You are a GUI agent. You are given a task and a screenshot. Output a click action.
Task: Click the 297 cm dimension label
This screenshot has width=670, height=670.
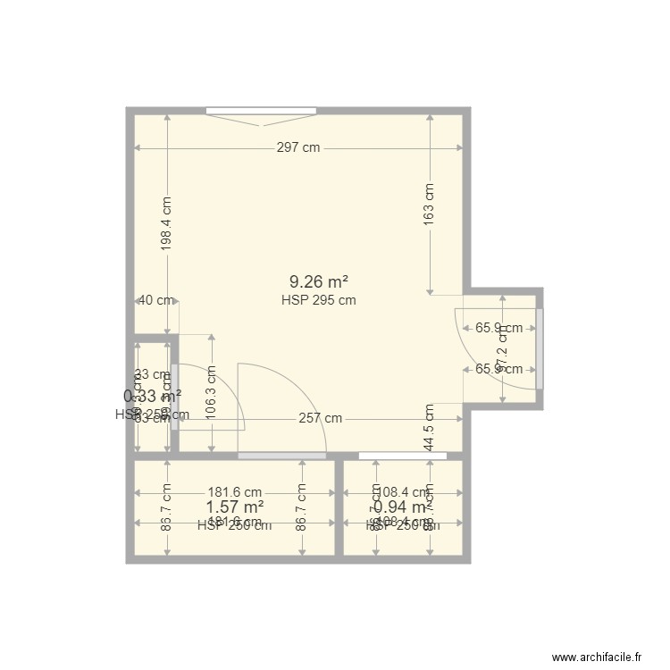[x=298, y=148]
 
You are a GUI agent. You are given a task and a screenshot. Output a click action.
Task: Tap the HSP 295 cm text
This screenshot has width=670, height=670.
[x=318, y=300]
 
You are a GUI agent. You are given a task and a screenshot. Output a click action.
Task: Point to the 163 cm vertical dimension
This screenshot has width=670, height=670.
[x=430, y=204]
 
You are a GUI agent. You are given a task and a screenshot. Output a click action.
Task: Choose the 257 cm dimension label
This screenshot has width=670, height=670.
[x=320, y=418]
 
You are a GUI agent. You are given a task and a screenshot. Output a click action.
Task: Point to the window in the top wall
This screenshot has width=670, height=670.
[x=261, y=111]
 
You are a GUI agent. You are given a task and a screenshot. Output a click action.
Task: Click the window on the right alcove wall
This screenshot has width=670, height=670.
[x=540, y=348]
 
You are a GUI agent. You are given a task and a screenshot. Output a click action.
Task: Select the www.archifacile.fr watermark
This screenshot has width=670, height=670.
[x=598, y=657]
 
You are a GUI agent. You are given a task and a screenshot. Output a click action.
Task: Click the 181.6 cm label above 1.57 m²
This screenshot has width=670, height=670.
[x=234, y=491]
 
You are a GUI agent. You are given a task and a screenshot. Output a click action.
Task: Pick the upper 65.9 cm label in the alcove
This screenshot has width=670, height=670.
[x=499, y=328]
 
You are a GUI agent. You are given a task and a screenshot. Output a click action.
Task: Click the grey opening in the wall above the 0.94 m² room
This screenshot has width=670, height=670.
[x=402, y=456]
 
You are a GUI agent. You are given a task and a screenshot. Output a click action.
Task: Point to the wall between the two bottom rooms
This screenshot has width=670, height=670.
[x=339, y=507]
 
